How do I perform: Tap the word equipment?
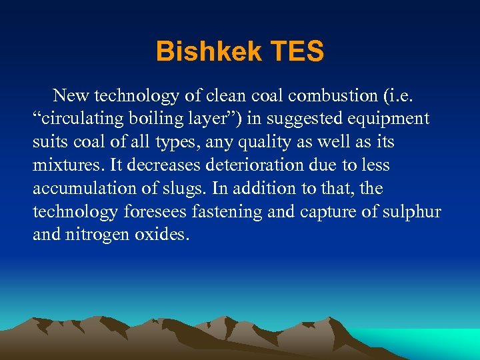pos(390,119)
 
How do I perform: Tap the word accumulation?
pos(82,188)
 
